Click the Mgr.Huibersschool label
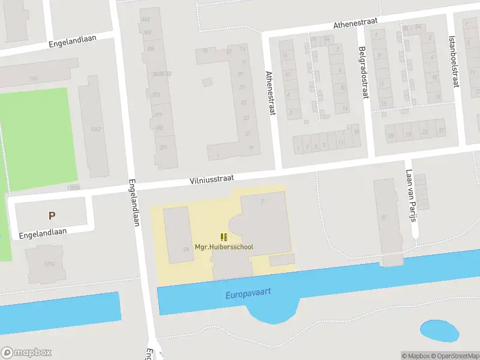(224, 247)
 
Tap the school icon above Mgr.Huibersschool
(224, 237)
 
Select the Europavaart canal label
(248, 293)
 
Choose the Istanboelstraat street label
(454, 60)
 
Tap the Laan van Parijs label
(411, 195)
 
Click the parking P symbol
(52, 215)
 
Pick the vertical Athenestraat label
(269, 93)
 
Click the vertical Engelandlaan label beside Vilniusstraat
(134, 204)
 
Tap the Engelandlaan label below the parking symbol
(43, 232)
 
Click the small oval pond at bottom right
(440, 330)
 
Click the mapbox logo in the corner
(26, 353)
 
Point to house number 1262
(94, 129)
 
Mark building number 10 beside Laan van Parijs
(382, 217)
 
